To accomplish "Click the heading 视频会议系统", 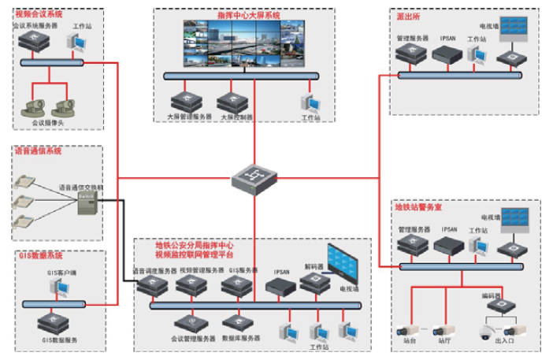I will [x=39, y=15].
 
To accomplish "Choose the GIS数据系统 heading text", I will [x=40, y=257].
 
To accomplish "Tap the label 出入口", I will [x=503, y=341].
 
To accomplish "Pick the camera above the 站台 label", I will [x=410, y=326].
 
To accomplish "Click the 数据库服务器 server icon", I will [x=236, y=323].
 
